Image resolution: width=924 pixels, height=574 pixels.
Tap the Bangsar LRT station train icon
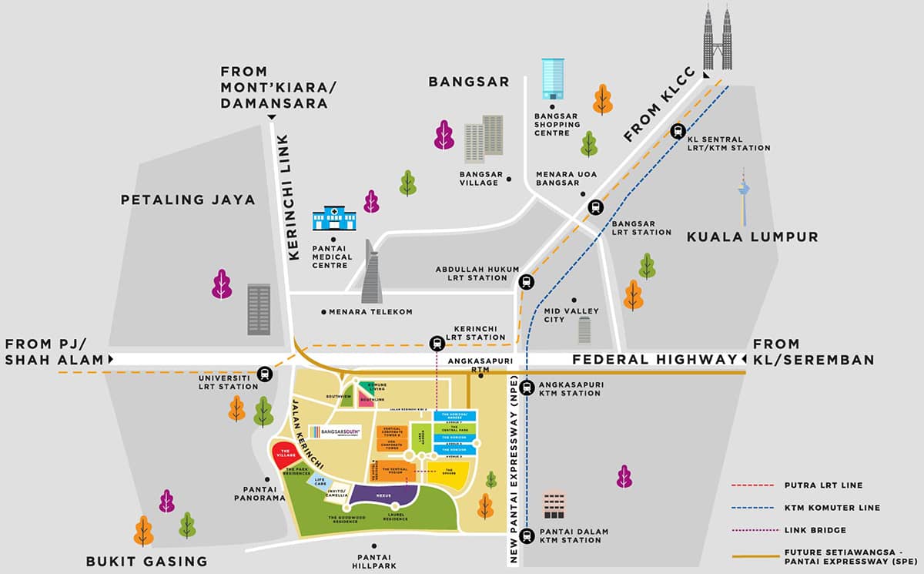pyautogui.click(x=595, y=206)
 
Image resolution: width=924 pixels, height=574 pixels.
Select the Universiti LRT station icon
pyautogui.click(x=264, y=373)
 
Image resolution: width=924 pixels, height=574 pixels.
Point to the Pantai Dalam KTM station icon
pyautogui.click(x=527, y=535)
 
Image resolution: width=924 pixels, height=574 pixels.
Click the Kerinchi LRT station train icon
pyautogui.click(x=437, y=343)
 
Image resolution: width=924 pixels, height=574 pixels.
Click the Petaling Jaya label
pyautogui.click(x=187, y=200)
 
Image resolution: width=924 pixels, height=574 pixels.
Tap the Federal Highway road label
pyautogui.click(x=654, y=359)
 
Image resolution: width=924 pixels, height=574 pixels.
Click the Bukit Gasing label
pyautogui.click(x=146, y=561)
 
